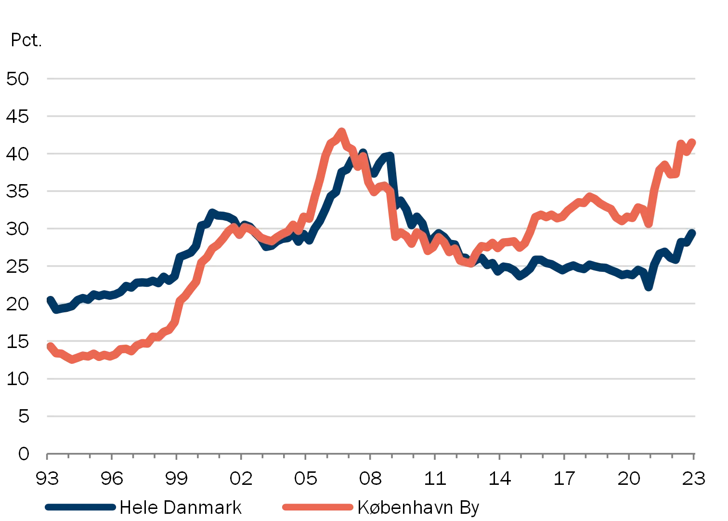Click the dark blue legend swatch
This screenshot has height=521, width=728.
(79, 507)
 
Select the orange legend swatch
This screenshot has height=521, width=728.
(317, 507)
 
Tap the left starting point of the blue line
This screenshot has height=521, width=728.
(49, 298)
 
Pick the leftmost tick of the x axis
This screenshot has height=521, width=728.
(44, 457)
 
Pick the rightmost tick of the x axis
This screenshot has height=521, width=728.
(694, 457)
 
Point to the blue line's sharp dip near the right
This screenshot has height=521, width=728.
(649, 288)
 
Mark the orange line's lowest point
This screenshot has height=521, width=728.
(73, 361)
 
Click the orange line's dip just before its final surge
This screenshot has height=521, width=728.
(649, 223)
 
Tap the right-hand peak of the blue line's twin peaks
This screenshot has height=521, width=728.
(389, 155)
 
